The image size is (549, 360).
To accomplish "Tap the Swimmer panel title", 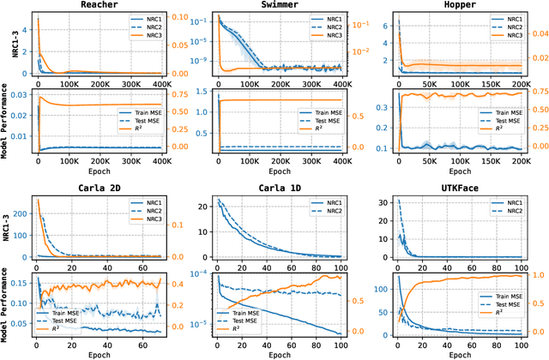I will point(279,5).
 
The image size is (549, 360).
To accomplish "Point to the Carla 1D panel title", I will point(279,187).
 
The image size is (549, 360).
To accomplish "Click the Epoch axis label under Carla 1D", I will point(279,353).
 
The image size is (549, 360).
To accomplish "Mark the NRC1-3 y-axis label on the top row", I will point(6,45).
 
